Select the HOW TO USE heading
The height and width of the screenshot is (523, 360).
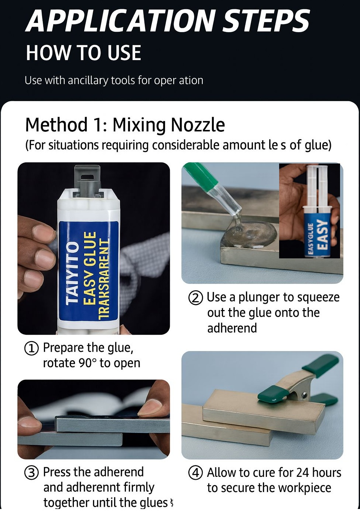(x=83, y=53)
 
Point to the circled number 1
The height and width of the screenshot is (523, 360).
(x=31, y=348)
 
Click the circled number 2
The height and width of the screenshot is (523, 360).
(x=196, y=298)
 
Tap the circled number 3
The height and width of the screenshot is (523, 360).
(x=31, y=472)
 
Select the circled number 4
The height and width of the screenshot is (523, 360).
(x=196, y=473)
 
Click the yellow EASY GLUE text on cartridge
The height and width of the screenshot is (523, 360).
(x=90, y=268)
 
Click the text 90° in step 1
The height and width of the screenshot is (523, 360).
(x=88, y=363)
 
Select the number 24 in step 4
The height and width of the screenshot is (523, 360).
(x=302, y=472)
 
